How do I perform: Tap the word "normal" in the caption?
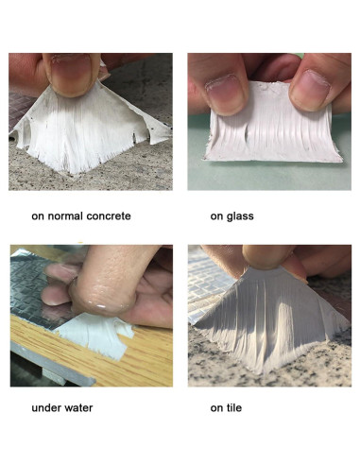65,216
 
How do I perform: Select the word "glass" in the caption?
240,216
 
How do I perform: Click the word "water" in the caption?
82,409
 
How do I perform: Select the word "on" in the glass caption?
216,216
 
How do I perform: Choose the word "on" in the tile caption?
216,409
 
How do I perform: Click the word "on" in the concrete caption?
38,216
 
